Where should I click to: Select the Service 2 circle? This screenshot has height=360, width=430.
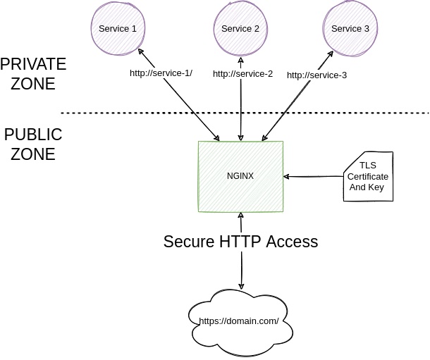coord(240,30)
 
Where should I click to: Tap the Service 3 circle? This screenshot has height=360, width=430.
coord(350,30)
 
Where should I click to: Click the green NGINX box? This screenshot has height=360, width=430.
coord(240,176)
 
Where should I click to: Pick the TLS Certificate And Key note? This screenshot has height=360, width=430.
coord(367,177)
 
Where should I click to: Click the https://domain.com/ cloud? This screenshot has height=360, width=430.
coord(239,321)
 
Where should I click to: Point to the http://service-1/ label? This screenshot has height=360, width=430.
coord(161,73)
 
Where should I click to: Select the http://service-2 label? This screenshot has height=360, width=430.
coord(242,73)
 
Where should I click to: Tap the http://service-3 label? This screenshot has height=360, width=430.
coord(317,75)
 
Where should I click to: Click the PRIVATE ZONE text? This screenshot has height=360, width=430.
coord(33,74)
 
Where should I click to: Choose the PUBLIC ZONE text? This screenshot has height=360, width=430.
coord(32,144)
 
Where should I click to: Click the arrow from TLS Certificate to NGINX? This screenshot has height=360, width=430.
coord(314,176)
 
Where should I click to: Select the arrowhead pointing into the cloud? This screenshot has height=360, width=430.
coord(242,287)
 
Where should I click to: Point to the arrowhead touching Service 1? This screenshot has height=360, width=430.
coord(141,52)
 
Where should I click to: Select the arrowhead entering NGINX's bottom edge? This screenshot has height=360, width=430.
coord(241,215)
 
